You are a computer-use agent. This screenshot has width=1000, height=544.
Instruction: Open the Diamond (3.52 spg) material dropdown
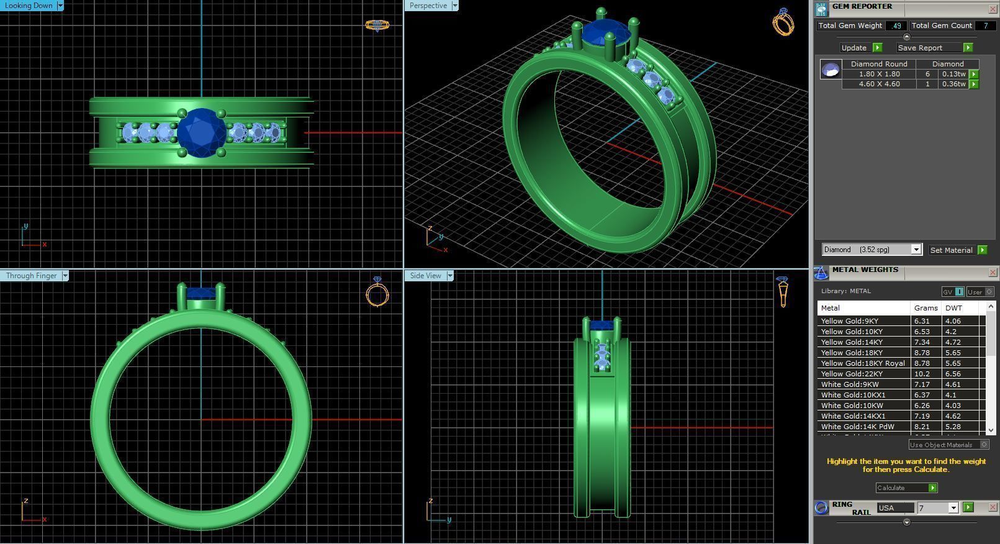click(916, 250)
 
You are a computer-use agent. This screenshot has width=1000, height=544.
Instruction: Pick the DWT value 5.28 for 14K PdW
click(953, 427)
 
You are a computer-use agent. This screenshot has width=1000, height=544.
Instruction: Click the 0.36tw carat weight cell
click(953, 84)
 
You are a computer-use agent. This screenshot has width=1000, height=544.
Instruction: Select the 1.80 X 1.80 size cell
click(879, 74)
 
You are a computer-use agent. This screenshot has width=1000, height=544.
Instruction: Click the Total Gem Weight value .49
click(896, 26)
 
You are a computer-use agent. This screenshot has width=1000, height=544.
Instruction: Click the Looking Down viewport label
click(29, 6)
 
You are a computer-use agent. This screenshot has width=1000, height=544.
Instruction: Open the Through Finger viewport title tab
click(31, 276)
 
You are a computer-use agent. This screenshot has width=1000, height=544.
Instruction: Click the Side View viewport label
click(425, 276)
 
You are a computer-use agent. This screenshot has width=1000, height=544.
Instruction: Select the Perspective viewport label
click(428, 6)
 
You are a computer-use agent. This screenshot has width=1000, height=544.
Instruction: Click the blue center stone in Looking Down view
click(202, 132)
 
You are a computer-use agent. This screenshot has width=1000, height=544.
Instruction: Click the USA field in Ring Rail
click(894, 508)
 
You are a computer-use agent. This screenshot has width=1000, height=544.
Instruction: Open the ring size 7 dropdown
click(953, 508)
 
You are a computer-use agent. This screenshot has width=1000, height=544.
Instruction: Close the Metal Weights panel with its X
click(992, 273)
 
